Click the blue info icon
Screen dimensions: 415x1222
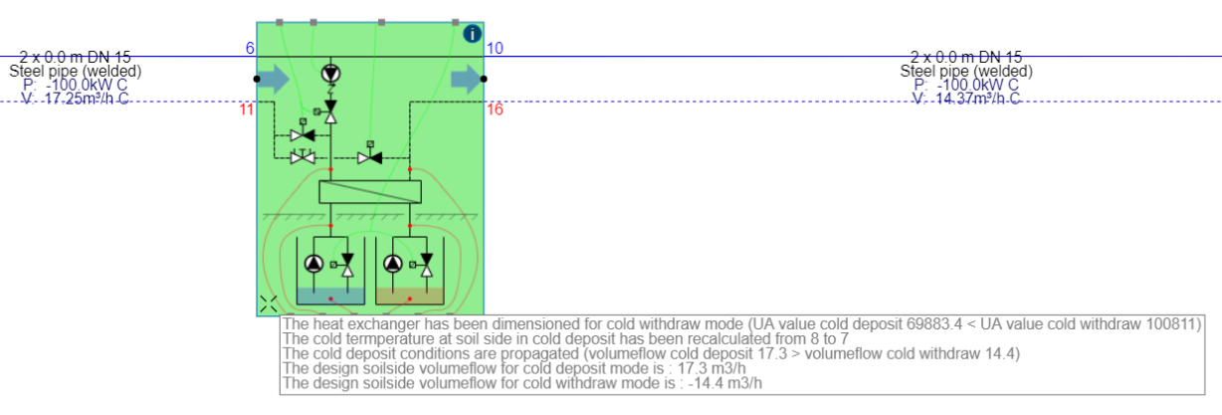tap(473, 34)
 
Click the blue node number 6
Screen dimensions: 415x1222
tap(250, 49)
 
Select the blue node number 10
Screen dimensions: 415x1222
tap(496, 49)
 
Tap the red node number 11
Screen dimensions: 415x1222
tap(247, 109)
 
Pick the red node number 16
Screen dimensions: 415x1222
tap(495, 109)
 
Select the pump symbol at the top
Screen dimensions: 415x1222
tap(330, 74)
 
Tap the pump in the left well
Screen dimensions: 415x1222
tap(314, 264)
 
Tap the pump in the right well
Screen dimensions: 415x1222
tap(393, 264)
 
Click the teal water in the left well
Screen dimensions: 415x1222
tap(331, 297)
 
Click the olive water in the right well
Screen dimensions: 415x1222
tap(410, 297)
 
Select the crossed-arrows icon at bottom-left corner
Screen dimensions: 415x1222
tap(269, 305)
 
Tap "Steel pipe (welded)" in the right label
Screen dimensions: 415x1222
tap(966, 72)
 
